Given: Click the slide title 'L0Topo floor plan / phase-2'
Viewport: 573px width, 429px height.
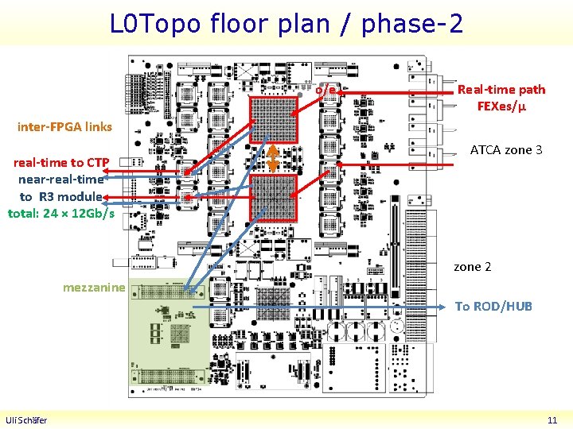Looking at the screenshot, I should pos(286,23).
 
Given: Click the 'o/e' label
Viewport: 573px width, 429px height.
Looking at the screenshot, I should pos(325,90).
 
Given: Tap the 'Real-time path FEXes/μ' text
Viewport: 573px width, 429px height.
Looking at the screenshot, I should pos(501,98).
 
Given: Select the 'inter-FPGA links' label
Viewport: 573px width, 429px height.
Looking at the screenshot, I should pos(64,126).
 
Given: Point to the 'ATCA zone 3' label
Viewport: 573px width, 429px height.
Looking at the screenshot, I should pos(506,149).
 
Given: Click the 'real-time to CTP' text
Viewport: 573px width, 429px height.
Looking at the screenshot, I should pos(61,163).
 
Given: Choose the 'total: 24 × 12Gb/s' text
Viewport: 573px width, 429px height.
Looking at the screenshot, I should pos(61,213).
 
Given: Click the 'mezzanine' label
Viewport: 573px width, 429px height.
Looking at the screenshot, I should pos(94,287).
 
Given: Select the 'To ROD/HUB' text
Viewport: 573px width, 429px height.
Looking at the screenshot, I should pos(493,307).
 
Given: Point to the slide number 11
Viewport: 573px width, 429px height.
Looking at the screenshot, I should pos(552,420).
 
